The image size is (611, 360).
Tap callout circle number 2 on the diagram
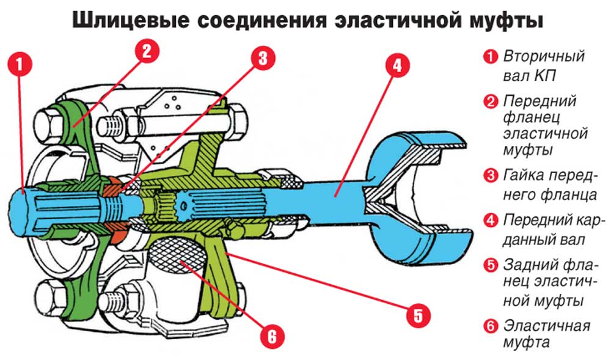point(146,50)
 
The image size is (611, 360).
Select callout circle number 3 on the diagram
point(262,58)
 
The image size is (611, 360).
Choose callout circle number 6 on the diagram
point(272,335)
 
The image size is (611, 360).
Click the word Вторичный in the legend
point(544,57)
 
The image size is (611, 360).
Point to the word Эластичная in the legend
point(547,325)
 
